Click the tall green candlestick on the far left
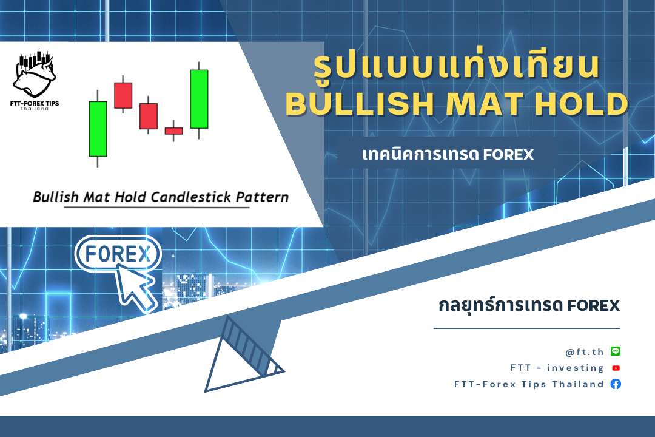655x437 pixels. click(98, 129)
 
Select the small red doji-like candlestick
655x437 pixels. click(174, 131)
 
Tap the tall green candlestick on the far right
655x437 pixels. click(199, 99)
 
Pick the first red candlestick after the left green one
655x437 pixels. click(123, 95)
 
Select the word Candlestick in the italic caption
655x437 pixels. click(191, 197)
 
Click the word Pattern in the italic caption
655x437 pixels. click(263, 197)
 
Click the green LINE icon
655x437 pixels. click(616, 351)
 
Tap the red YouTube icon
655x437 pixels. click(616, 368)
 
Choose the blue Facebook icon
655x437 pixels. click(616, 384)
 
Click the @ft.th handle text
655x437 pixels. click(585, 352)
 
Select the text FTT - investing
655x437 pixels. click(557, 368)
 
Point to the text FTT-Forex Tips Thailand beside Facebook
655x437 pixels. click(529, 384)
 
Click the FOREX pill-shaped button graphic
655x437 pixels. click(118, 254)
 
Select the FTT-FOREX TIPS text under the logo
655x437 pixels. click(35, 103)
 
